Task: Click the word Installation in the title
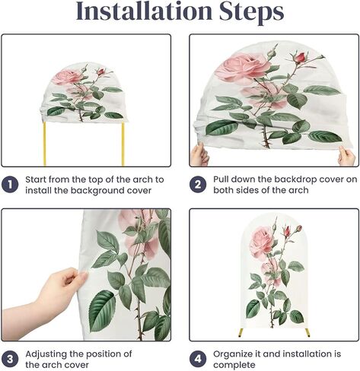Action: (144, 11)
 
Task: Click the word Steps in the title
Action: (251, 13)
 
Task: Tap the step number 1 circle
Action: (10, 185)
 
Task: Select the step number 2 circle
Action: (198, 184)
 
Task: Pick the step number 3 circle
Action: (10, 359)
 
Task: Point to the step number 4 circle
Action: (198, 359)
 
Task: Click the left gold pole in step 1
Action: (45, 144)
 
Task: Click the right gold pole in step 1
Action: (123, 144)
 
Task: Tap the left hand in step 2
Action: (199, 154)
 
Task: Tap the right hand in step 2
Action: (346, 156)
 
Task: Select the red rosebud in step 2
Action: (301, 57)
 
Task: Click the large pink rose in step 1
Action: (66, 77)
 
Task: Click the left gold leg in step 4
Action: (241, 332)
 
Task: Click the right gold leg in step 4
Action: (307, 332)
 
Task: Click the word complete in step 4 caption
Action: (234, 366)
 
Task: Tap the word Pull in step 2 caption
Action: (221, 179)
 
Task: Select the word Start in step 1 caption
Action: (36, 179)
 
